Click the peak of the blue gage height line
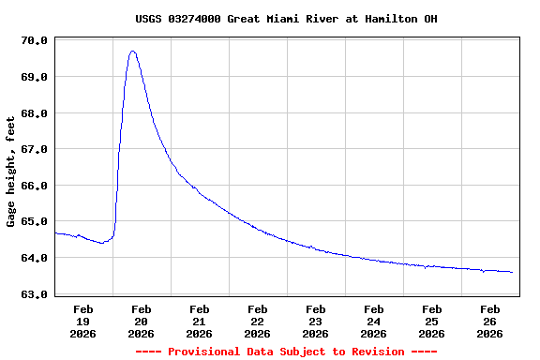tap(133, 52)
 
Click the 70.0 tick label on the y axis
tap(35, 40)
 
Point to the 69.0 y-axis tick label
tap(35, 77)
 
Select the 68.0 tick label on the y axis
tap(35, 113)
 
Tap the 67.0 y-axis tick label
tap(35, 149)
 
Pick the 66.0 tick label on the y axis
tap(35, 186)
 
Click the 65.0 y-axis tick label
tap(35, 222)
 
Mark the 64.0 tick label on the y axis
tap(35, 258)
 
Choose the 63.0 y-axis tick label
tap(35, 294)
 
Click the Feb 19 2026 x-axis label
tap(83, 321)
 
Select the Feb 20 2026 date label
tap(142, 321)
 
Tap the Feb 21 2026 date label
tap(200, 321)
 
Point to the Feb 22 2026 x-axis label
tap(258, 321)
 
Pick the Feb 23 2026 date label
tap(316, 321)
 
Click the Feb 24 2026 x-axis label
tap(374, 321)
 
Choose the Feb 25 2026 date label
tap(432, 321)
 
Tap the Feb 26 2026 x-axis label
tap(490, 321)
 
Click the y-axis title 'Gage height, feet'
tap(11, 172)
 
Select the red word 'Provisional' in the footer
tap(206, 352)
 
